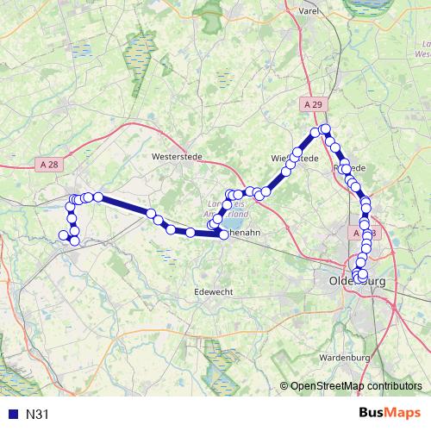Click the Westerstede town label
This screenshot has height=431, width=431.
tap(175, 157)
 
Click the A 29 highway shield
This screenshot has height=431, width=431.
tap(316, 104)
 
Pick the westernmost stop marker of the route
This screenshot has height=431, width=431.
tap(62, 235)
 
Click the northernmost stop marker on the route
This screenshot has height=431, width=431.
tap(325, 129)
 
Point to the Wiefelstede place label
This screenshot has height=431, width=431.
tap(295, 159)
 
